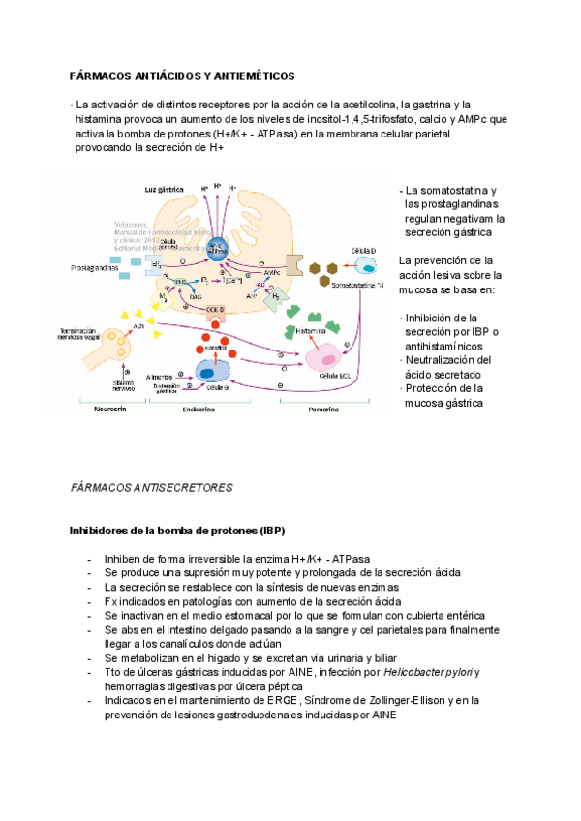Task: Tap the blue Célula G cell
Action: click(x=208, y=371)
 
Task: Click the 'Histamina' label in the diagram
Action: click(x=312, y=330)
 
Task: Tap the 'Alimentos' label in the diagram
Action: click(x=160, y=375)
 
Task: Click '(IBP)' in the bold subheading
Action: click(x=266, y=532)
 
